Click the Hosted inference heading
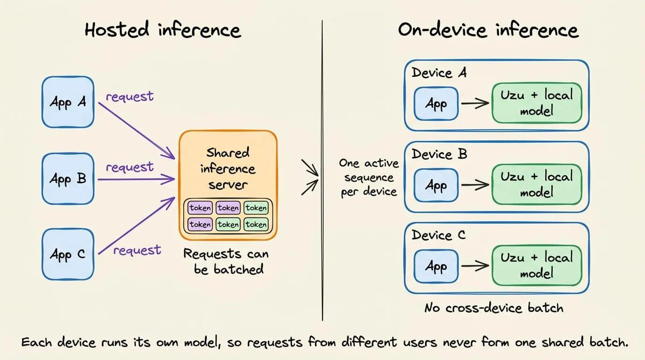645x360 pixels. (163, 30)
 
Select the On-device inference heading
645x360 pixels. (489, 30)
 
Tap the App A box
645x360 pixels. (68, 102)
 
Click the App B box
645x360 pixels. (68, 179)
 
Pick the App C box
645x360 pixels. (68, 254)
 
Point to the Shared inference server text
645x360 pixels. (228, 169)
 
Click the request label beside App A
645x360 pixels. (130, 96)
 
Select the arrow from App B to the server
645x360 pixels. (136, 179)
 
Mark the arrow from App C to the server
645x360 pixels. (137, 226)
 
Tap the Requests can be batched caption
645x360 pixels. (226, 261)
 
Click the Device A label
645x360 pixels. (439, 73)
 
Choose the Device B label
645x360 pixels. (439, 154)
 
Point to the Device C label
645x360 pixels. (438, 235)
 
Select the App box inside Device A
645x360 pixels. (436, 104)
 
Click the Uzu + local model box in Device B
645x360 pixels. (537, 184)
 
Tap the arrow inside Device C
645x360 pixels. (475, 266)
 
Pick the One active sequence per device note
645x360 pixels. (369, 177)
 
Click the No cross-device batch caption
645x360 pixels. (494, 308)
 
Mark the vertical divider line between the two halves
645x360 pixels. (322, 170)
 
